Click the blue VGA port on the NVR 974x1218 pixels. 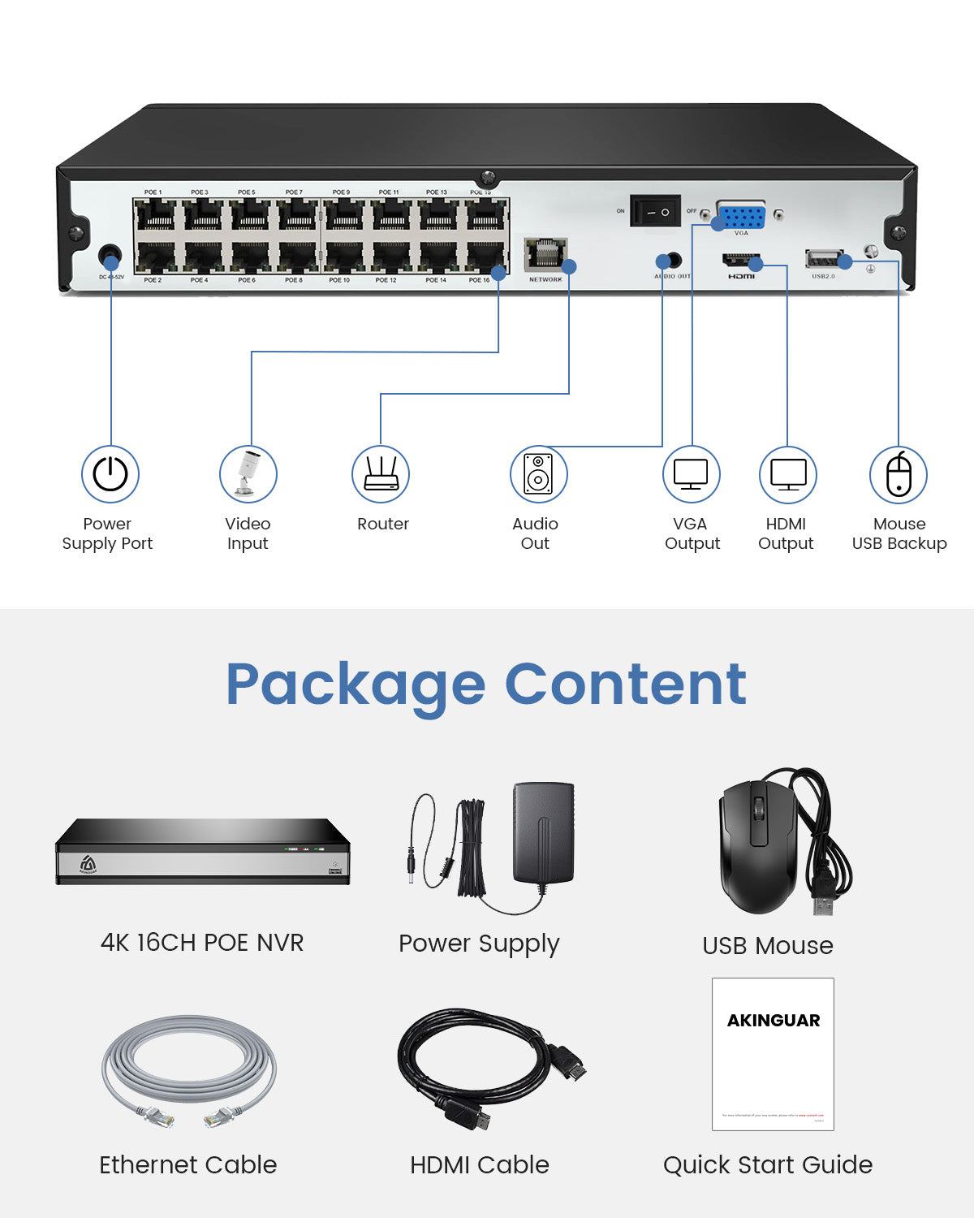[x=741, y=217]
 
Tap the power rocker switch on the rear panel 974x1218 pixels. [x=656, y=212]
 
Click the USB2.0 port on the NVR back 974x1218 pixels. [x=823, y=259]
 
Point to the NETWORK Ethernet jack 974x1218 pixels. [x=545, y=254]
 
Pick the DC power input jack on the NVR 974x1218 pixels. [x=110, y=257]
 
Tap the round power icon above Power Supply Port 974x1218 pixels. [x=110, y=474]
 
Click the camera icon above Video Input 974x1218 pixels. [x=248, y=474]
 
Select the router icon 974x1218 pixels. [x=381, y=474]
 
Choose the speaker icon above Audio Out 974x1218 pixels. [x=538, y=474]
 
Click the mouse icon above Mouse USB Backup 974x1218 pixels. [x=899, y=475]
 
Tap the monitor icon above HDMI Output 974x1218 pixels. [x=787, y=475]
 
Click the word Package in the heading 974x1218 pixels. [x=355, y=685]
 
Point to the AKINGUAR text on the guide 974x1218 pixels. [x=774, y=1021]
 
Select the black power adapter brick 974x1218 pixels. [x=544, y=831]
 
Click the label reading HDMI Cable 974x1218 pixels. [x=480, y=1165]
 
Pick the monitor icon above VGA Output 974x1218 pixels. [x=692, y=475]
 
